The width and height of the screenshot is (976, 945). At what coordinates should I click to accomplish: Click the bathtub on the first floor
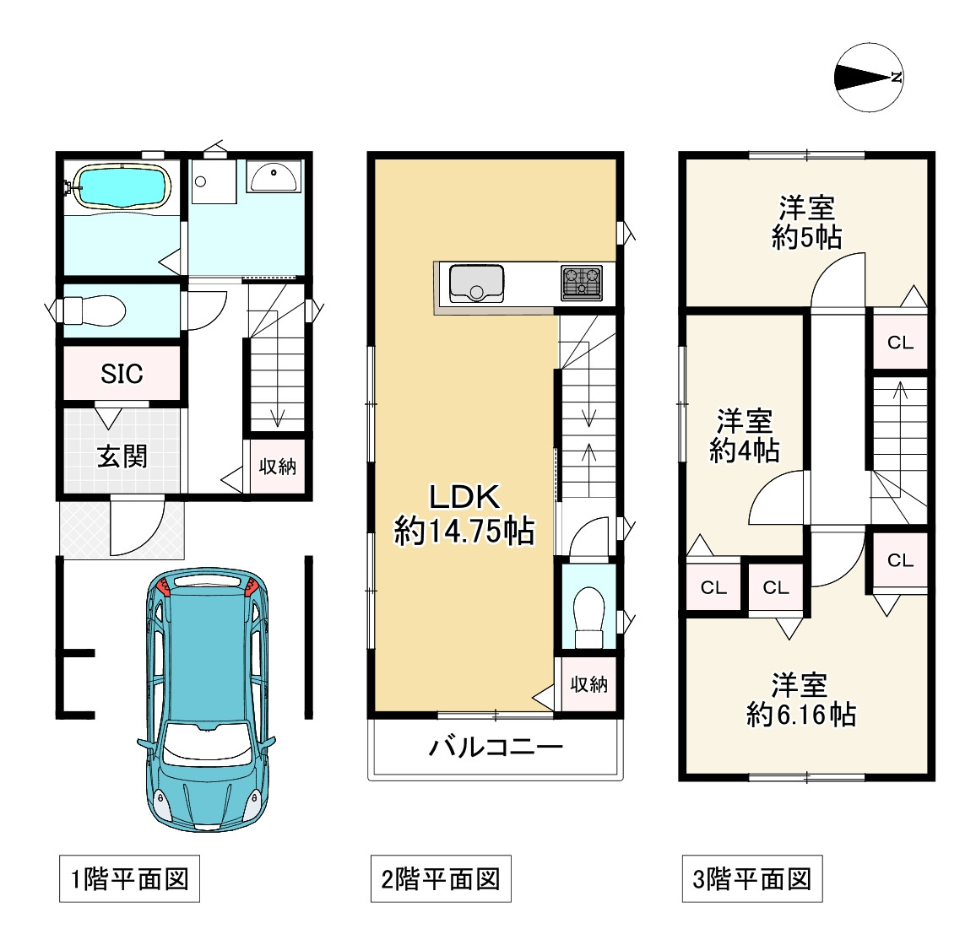(122, 185)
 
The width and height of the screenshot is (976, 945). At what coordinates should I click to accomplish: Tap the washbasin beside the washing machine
(274, 177)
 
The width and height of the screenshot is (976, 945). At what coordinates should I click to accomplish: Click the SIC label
(122, 373)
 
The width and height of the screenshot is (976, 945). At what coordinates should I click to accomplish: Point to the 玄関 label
(122, 456)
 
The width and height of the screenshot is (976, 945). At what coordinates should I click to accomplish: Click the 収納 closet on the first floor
(278, 466)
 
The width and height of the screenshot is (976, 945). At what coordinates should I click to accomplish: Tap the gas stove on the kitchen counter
(582, 283)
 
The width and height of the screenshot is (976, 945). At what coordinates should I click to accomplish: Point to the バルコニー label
(496, 747)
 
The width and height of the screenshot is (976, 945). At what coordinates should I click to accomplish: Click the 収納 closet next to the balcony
(588, 684)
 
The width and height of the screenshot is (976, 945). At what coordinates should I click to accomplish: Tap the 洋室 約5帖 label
(806, 222)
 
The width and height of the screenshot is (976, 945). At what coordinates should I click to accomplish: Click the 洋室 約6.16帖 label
(800, 699)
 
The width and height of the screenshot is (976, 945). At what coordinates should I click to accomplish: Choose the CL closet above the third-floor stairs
(900, 342)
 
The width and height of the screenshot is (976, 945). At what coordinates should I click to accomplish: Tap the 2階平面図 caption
(441, 880)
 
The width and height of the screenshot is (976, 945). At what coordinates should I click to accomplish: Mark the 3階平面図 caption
(751, 880)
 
